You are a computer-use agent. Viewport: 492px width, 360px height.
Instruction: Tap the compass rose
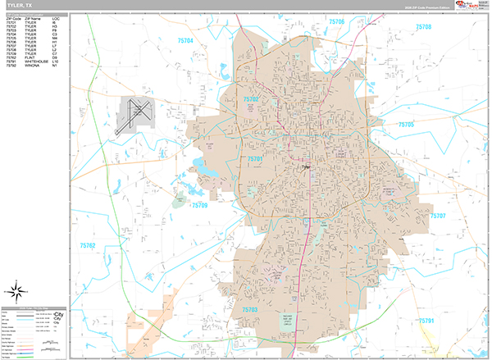[x=16, y=289]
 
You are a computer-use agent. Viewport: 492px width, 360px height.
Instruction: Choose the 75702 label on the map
[x=251, y=99]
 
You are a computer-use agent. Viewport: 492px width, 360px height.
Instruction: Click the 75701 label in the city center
[x=255, y=158]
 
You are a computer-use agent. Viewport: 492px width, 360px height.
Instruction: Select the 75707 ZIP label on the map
[x=437, y=215]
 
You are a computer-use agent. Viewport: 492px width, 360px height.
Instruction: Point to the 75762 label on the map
[x=88, y=245]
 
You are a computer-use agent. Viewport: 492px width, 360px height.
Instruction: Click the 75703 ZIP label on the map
[x=250, y=309]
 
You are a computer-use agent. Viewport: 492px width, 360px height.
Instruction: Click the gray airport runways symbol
[x=135, y=114]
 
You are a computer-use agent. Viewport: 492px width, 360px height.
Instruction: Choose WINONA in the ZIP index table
[x=30, y=66]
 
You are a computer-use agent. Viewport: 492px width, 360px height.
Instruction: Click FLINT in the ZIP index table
[x=29, y=57]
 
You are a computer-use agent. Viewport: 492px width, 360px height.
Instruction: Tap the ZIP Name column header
[x=32, y=17]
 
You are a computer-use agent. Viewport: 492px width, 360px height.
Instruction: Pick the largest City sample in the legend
[x=59, y=314]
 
